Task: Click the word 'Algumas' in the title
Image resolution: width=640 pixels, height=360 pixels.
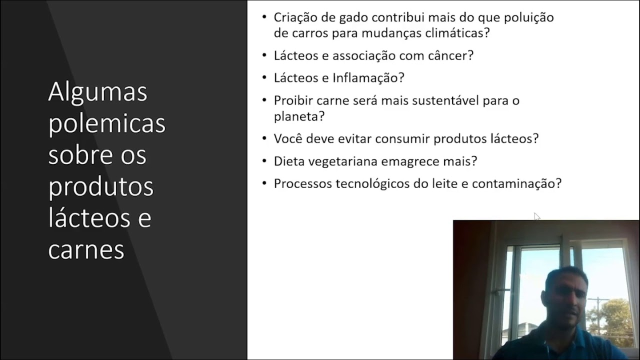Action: tap(97, 92)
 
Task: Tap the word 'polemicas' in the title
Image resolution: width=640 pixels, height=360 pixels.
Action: tap(106, 124)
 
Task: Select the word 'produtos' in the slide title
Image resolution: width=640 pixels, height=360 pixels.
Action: tap(100, 187)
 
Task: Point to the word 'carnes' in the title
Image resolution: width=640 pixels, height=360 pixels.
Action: tap(86, 249)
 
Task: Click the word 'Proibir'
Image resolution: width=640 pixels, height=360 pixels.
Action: tap(293, 100)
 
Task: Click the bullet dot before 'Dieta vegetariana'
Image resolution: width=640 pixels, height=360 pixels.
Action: tap(264, 161)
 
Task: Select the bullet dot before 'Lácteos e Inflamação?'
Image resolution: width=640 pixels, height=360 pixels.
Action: tap(264, 77)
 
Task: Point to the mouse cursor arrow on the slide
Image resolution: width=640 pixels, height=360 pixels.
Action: tap(537, 216)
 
